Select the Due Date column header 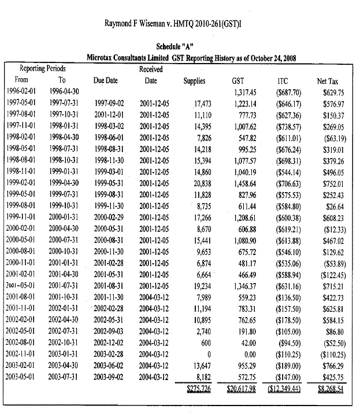[x=106, y=81]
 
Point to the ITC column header [x=284, y=81]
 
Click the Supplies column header [x=194, y=81]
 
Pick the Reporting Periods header [x=43, y=69]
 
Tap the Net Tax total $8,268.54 [x=331, y=388]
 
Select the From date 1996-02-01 [x=21, y=92]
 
